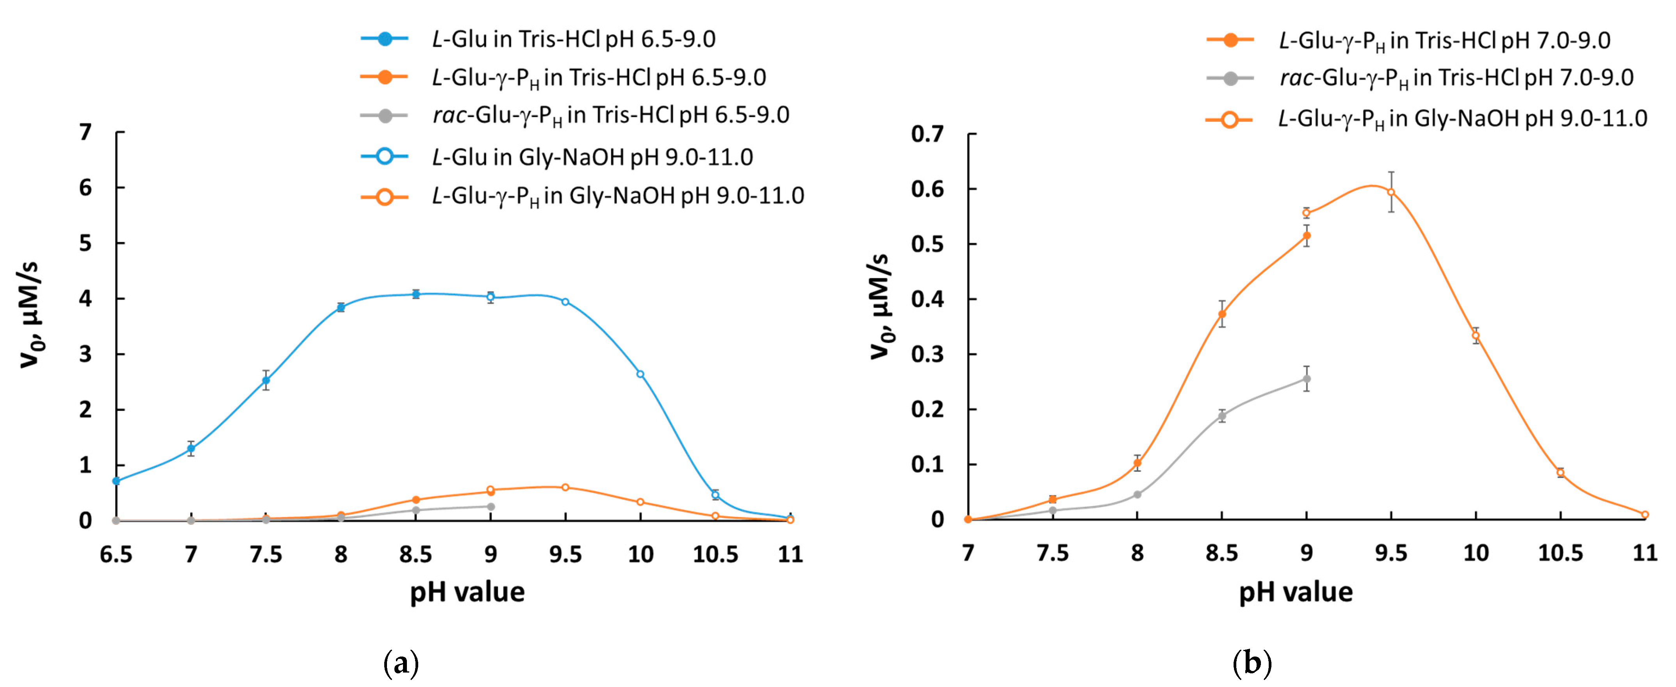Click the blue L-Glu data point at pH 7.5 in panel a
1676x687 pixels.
266,380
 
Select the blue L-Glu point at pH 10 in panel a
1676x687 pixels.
640,374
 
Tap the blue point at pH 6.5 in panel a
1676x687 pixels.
116,481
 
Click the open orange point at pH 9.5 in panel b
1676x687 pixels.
1391,192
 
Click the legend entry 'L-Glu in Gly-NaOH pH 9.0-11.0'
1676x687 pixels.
592,157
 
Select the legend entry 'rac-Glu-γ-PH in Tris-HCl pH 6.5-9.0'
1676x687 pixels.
610,115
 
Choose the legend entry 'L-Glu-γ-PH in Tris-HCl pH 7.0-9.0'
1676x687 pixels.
1444,40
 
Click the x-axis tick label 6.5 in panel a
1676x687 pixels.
116,554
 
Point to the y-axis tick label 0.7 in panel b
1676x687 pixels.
927,134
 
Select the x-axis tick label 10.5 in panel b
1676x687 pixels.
1560,553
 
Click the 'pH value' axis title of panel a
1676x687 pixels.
467,592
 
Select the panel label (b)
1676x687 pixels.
1252,664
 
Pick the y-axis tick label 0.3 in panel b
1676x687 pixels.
927,355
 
